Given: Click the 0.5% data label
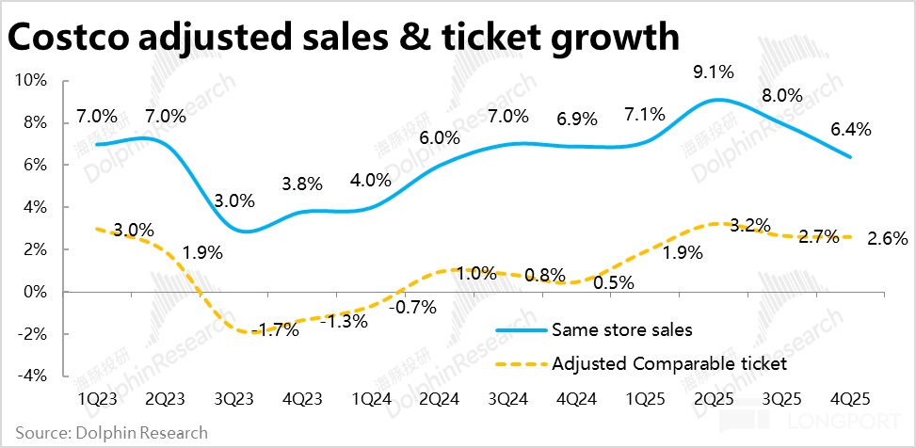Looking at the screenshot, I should coord(613,281).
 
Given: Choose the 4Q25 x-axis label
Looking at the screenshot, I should coord(852,398).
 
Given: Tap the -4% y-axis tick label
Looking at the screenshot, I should coord(33,376).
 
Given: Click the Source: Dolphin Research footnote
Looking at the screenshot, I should coord(111,433).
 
